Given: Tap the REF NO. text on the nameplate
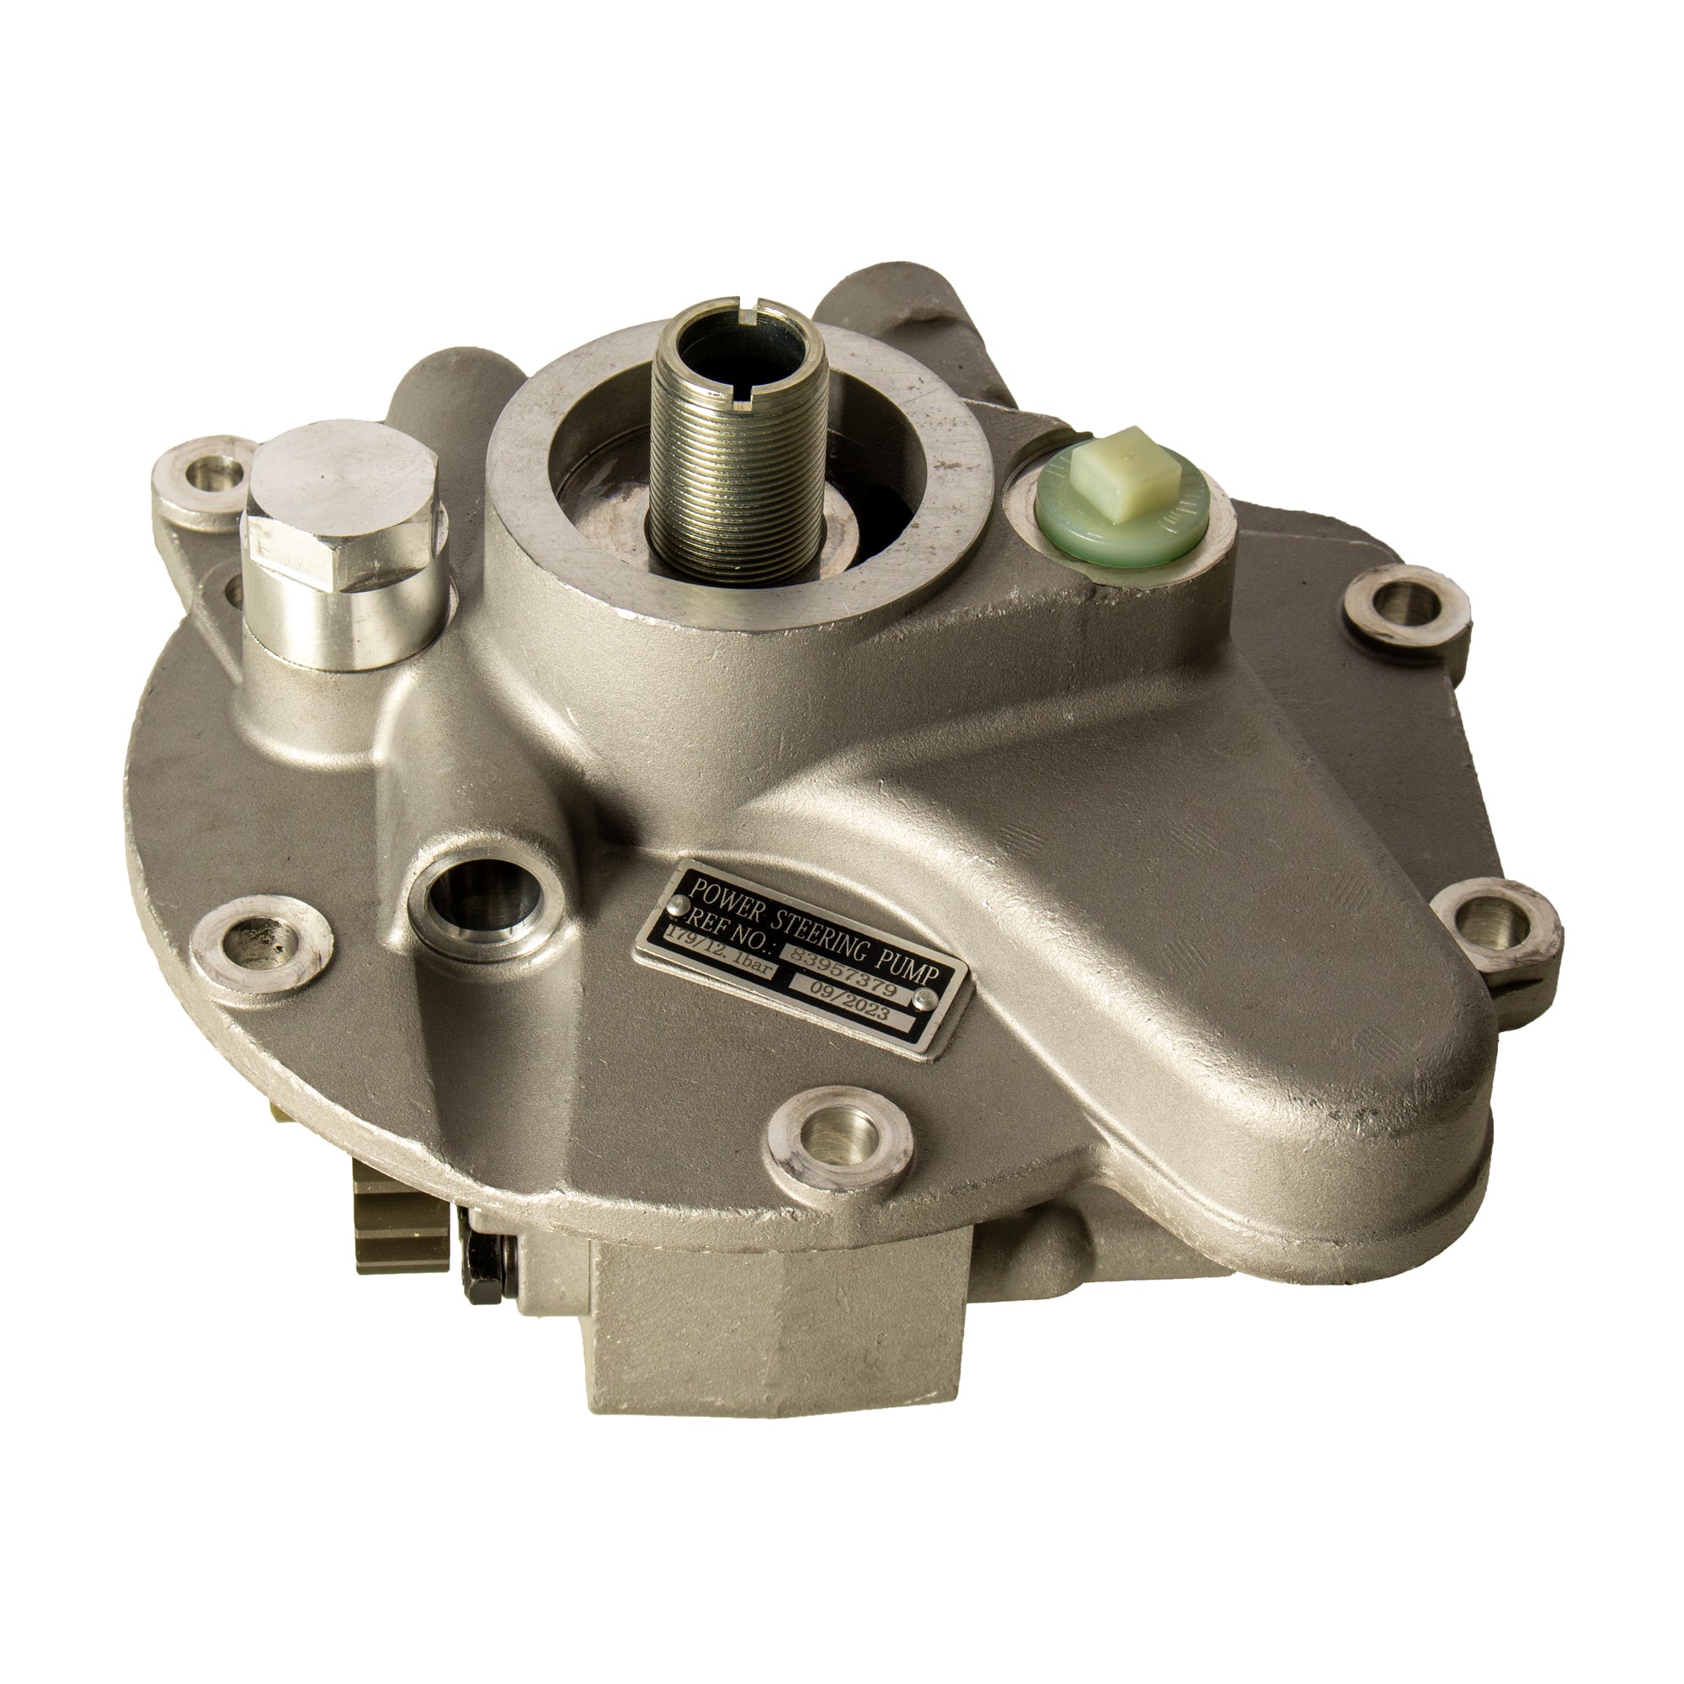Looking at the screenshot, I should (727, 926).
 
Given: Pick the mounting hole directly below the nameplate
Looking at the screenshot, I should (841, 1139).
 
